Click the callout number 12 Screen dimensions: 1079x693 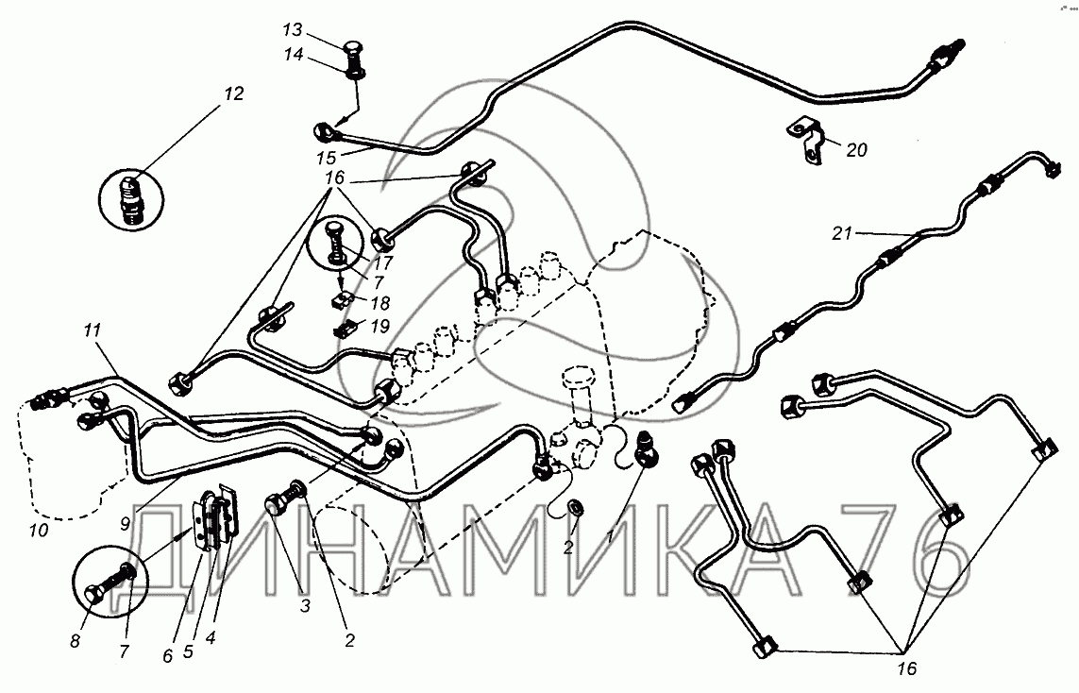[233, 94]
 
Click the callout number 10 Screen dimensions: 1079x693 [38, 530]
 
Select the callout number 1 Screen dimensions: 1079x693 [609, 535]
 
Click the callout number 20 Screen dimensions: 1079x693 [856, 148]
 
